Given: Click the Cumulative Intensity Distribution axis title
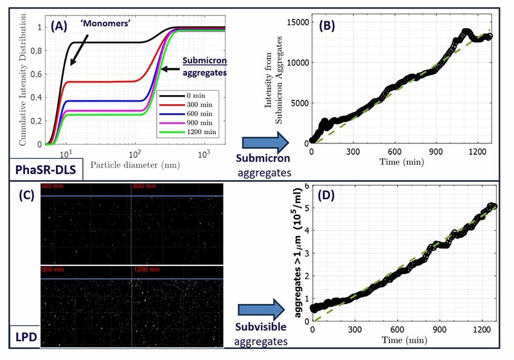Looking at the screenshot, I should (9, 80).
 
